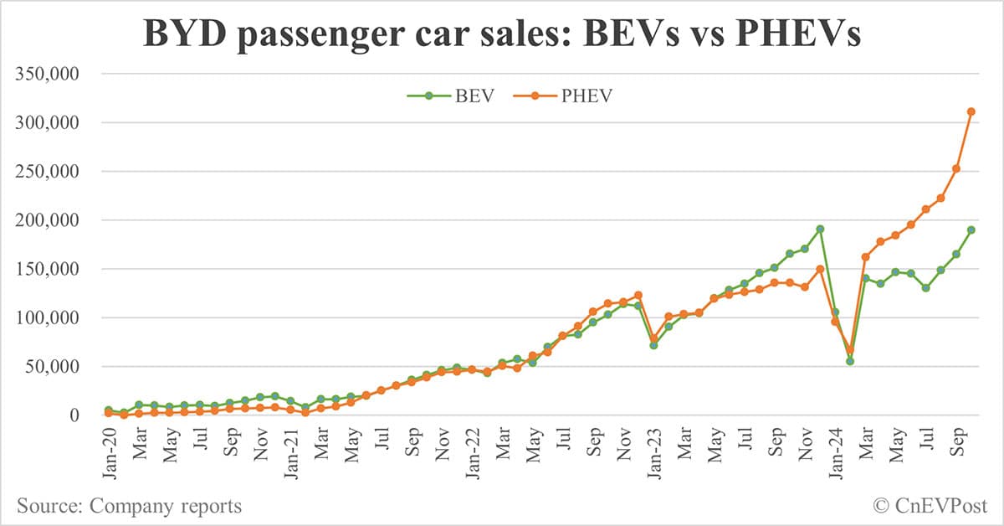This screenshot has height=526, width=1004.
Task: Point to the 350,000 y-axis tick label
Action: [x=47, y=74]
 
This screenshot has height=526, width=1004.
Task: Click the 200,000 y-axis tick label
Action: [x=47, y=220]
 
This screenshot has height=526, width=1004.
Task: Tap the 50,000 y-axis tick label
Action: [x=52, y=367]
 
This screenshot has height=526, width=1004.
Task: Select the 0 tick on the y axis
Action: [x=74, y=415]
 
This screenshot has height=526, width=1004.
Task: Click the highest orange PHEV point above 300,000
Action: [x=971, y=111]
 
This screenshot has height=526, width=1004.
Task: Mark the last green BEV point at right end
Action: [x=971, y=229]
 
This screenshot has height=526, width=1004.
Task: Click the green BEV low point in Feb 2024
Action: [x=850, y=361]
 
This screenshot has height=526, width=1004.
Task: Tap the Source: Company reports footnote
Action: [x=130, y=506]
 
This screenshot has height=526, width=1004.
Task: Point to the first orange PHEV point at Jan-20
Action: [x=109, y=413]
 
